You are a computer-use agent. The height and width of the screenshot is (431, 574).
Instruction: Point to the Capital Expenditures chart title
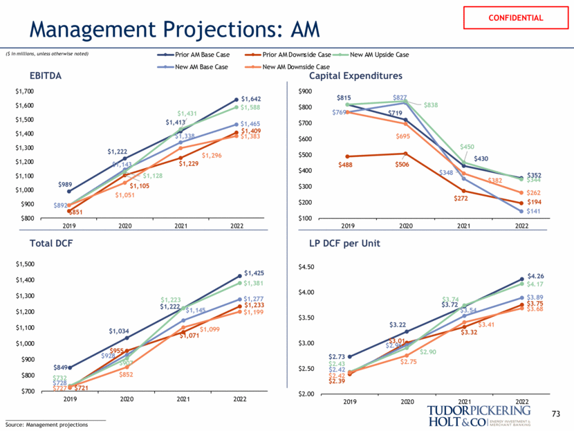[355, 76]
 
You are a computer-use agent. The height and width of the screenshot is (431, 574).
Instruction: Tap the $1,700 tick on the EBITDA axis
[26, 91]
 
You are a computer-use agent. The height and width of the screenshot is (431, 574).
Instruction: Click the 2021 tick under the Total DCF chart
[183, 399]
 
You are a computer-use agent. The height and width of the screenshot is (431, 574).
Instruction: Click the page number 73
[555, 413]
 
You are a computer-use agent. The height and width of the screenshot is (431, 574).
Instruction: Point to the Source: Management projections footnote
[47, 423]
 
